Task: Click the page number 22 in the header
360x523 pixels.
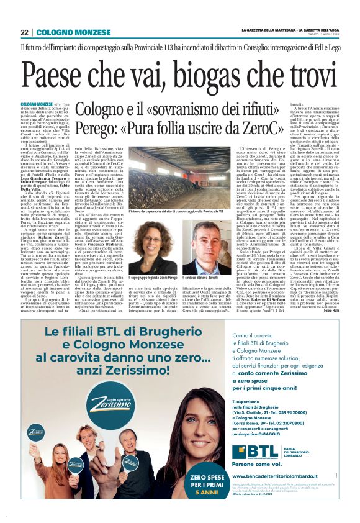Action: (25, 32)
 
